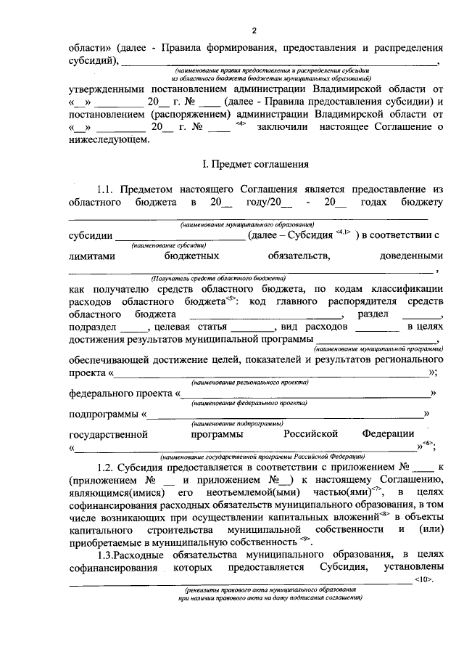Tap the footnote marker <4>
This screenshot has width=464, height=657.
click(x=241, y=123)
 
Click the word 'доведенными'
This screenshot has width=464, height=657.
click(x=411, y=256)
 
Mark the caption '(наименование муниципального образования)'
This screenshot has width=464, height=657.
click(x=246, y=225)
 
